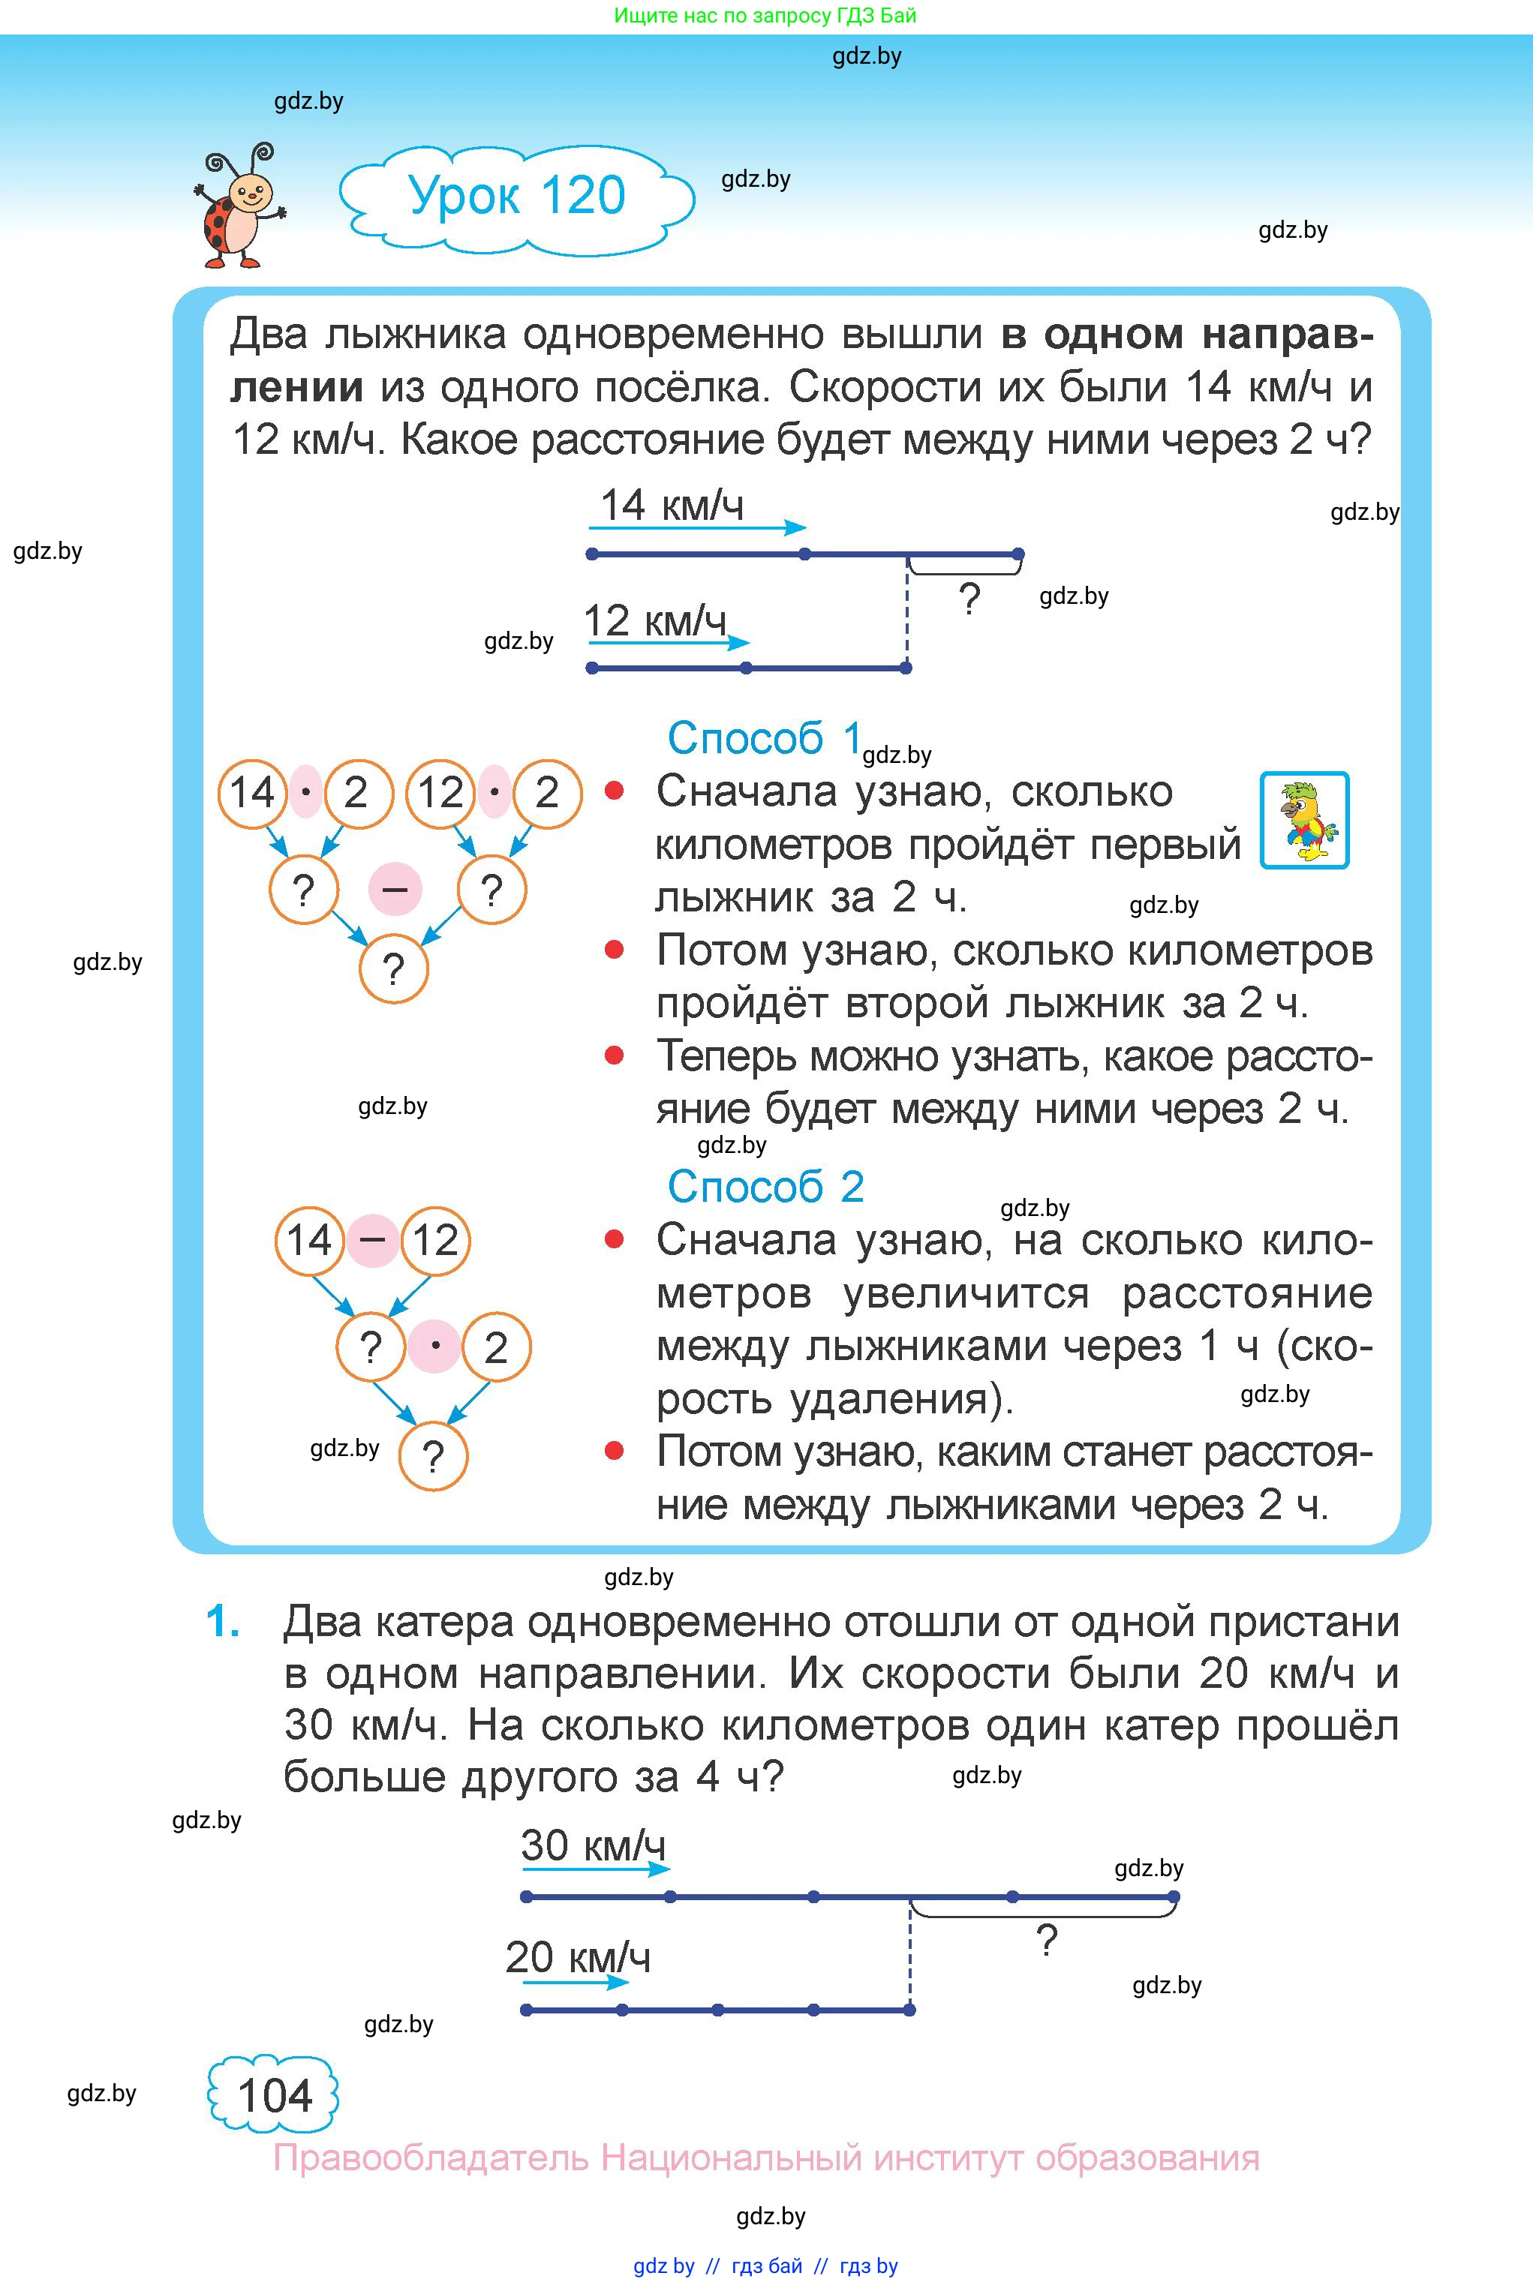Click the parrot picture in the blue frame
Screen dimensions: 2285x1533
tap(1304, 820)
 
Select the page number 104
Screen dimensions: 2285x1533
tap(274, 2095)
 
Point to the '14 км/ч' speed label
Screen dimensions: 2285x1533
tap(672, 506)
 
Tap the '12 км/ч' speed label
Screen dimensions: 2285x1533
tap(654, 620)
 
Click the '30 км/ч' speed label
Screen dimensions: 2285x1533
tap(593, 1845)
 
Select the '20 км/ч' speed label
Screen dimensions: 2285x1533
tap(577, 1956)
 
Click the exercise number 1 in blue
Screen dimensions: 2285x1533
tap(223, 1621)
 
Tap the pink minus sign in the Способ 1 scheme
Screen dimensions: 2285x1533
tap(395, 890)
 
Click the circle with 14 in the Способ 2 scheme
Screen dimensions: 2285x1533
tap(309, 1240)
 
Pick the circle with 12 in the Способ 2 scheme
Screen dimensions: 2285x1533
tap(436, 1240)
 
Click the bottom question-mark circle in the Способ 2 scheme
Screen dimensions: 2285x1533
tap(433, 1455)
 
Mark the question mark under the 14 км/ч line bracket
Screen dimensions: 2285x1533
tap(969, 598)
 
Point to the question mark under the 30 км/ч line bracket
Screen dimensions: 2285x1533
tap(1046, 1940)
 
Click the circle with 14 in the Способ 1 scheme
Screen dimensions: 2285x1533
tap(252, 793)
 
